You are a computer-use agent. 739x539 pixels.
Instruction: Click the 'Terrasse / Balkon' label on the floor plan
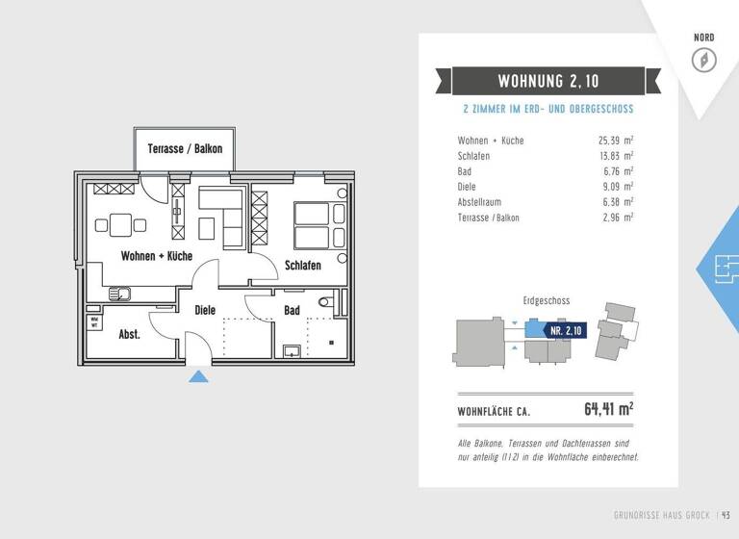click(x=185, y=149)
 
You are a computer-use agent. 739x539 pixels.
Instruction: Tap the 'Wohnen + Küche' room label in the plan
click(x=156, y=256)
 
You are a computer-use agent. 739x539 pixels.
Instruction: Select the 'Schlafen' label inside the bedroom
click(x=302, y=266)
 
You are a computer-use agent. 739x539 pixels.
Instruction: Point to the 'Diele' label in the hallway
click(x=205, y=310)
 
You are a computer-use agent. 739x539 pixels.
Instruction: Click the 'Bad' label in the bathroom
click(x=292, y=310)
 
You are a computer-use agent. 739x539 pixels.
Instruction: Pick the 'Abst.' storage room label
click(x=129, y=335)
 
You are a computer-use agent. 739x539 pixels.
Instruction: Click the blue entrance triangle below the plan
click(x=198, y=375)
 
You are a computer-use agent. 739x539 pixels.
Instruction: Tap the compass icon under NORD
click(x=704, y=60)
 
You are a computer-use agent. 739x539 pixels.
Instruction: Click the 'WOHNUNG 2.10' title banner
click(x=548, y=81)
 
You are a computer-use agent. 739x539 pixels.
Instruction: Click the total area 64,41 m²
click(x=608, y=409)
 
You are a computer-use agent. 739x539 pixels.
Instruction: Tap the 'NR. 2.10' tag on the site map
click(x=566, y=330)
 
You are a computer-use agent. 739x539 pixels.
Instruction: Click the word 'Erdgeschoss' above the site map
click(x=546, y=300)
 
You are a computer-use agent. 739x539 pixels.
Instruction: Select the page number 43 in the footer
click(x=726, y=515)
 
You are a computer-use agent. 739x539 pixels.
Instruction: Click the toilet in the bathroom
click(x=324, y=302)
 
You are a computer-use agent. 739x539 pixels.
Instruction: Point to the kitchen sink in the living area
click(x=119, y=294)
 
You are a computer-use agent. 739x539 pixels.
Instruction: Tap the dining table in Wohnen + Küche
click(x=120, y=225)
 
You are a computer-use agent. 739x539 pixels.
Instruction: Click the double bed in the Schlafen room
click(x=312, y=225)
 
